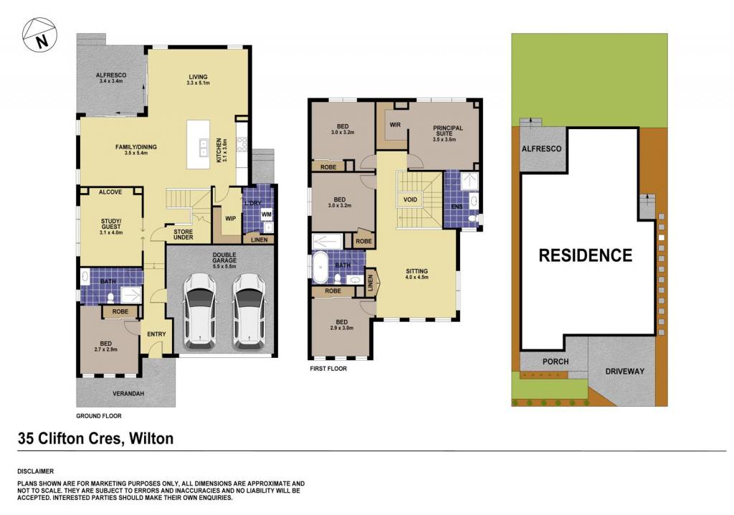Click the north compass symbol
pyautogui.click(x=40, y=35)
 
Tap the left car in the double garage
pyautogui.click(x=200, y=312)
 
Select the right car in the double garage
pyautogui.click(x=249, y=312)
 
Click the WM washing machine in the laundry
pyautogui.click(x=267, y=214)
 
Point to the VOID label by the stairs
pyautogui.click(x=410, y=199)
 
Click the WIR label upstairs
pyautogui.click(x=395, y=125)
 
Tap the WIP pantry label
pyautogui.click(x=230, y=218)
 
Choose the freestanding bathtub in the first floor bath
pyautogui.click(x=320, y=268)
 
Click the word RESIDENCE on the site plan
pyautogui.click(x=586, y=255)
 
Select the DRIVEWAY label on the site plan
pyautogui.click(x=625, y=371)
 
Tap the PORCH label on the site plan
pyautogui.click(x=556, y=362)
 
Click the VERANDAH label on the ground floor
pyautogui.click(x=128, y=394)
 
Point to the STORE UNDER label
pyautogui.click(x=183, y=235)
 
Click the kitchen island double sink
pyautogui.click(x=203, y=148)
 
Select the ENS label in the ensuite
pyautogui.click(x=457, y=207)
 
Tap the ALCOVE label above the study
pyautogui.click(x=110, y=192)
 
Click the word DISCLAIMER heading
pyautogui.click(x=36, y=471)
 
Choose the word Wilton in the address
pyautogui.click(x=151, y=439)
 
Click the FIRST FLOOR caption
pyautogui.click(x=328, y=369)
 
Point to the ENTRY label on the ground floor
pyautogui.click(x=156, y=334)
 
